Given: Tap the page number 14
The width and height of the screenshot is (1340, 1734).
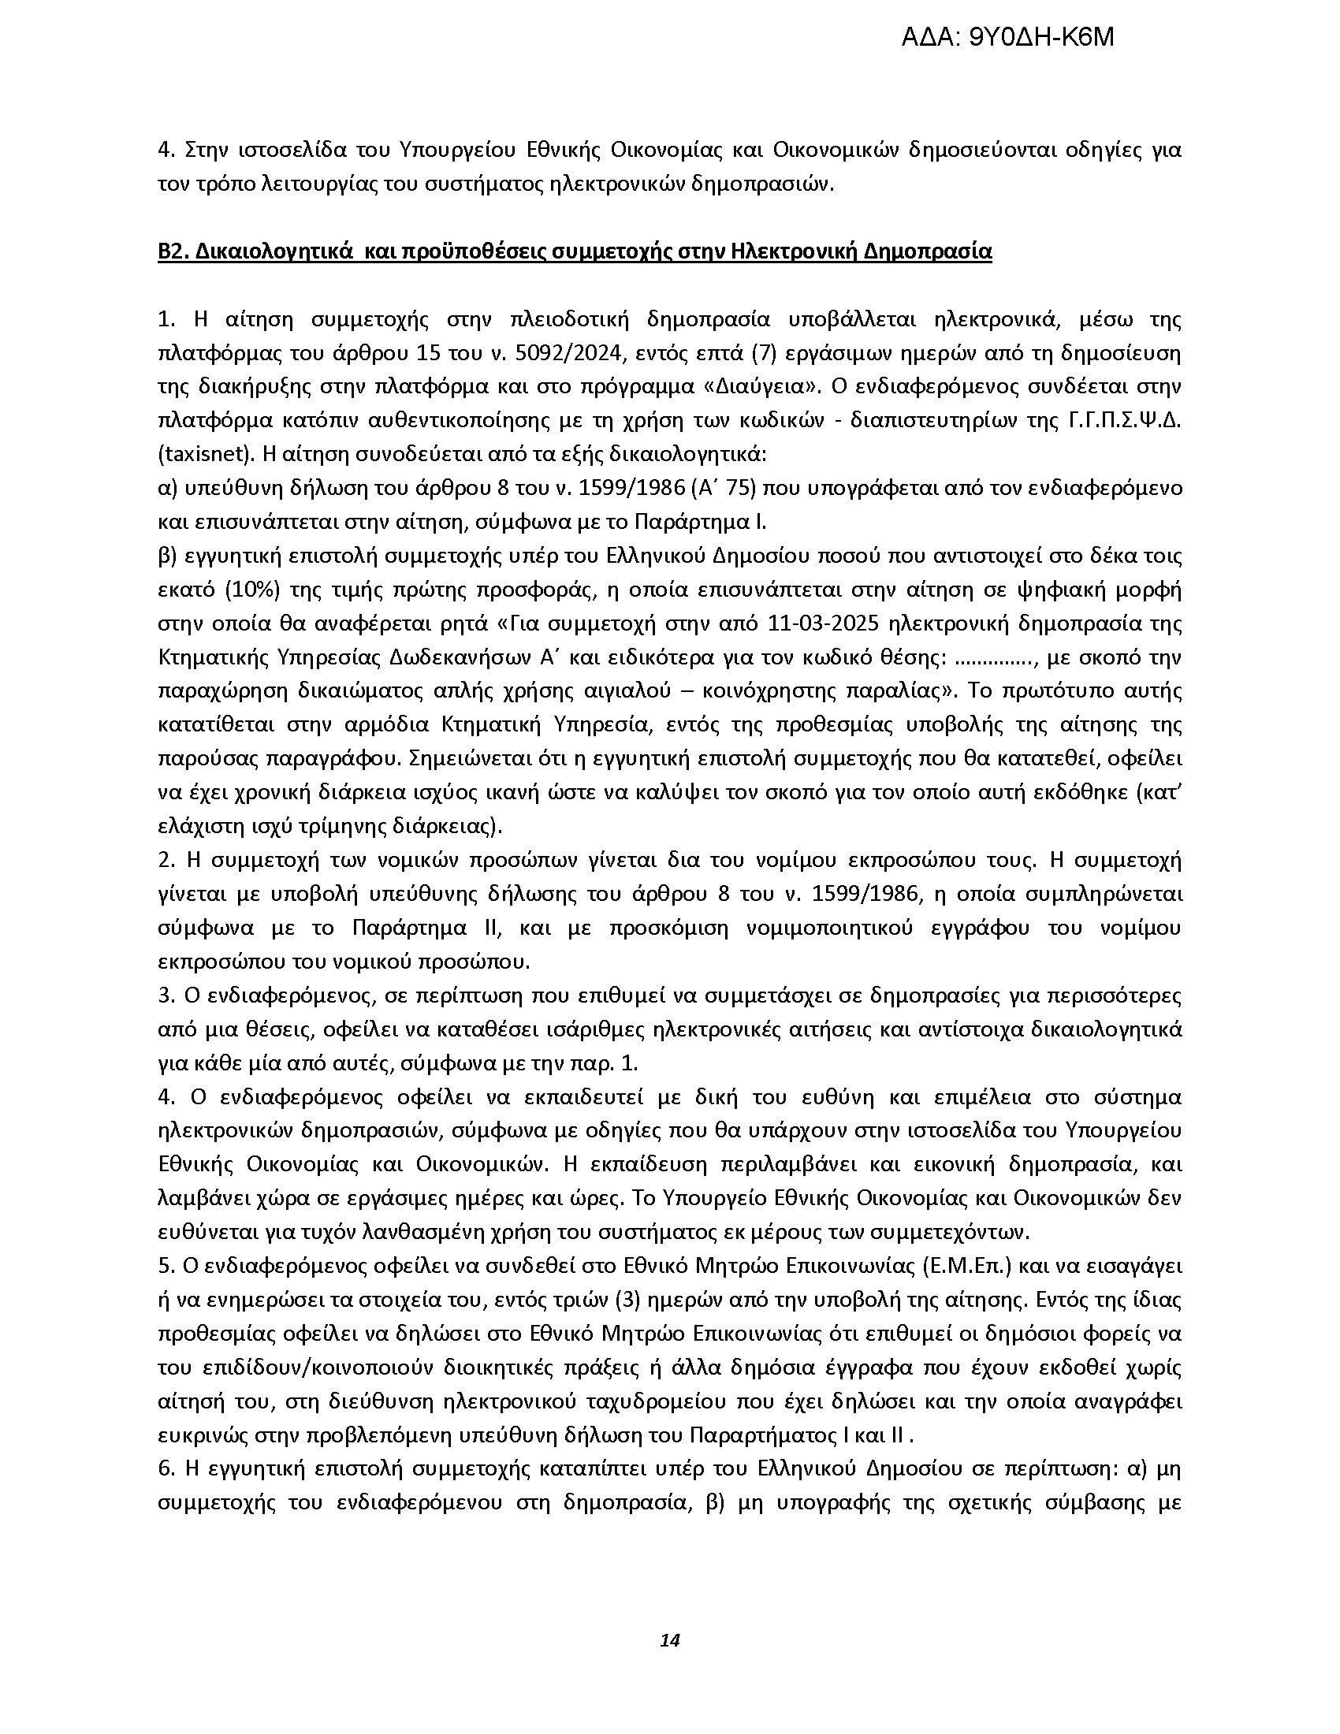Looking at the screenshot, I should tap(670, 1640).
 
